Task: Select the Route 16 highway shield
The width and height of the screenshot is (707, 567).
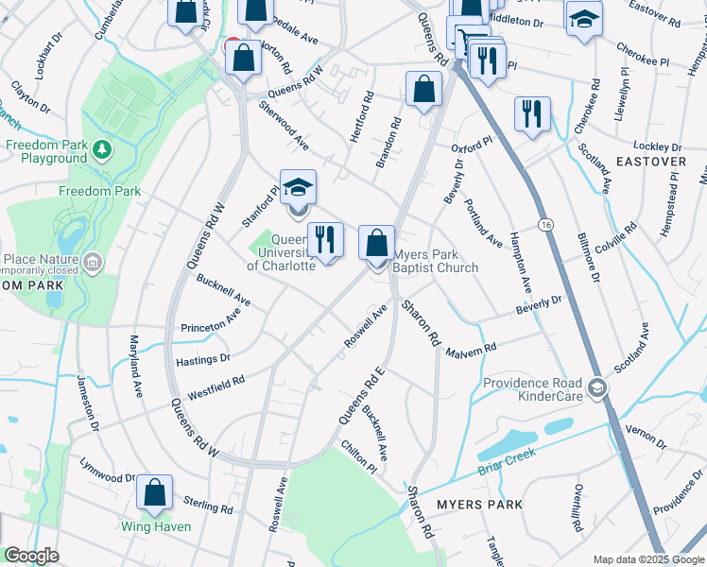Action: (546, 225)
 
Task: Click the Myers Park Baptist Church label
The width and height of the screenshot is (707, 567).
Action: (436, 261)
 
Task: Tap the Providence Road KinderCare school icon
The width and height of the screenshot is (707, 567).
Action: (597, 387)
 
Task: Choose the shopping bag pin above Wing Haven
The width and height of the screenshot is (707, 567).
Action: (154, 492)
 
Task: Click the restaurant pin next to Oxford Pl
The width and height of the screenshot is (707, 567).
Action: (532, 113)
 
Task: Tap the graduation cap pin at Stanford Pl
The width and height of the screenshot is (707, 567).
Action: (298, 187)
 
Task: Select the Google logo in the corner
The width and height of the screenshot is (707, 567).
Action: (31, 556)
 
